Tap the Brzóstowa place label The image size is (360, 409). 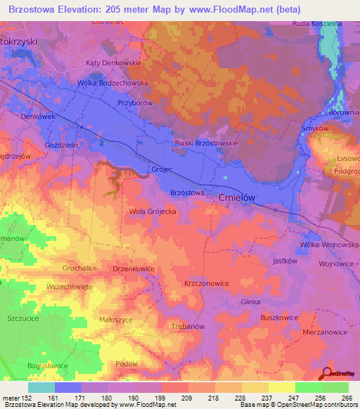[x=188, y=192]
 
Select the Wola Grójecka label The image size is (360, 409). [x=151, y=211]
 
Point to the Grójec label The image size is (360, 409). [x=162, y=169]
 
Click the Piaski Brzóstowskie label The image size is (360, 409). [x=206, y=143]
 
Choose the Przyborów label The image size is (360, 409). [x=136, y=101]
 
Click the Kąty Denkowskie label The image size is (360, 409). [x=114, y=63]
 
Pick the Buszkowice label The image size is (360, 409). [x=279, y=318]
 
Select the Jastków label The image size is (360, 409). [x=281, y=261]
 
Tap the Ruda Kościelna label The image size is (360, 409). [x=317, y=23]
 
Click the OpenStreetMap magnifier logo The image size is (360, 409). [x=326, y=375]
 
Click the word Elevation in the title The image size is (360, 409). [x=80, y=10]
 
